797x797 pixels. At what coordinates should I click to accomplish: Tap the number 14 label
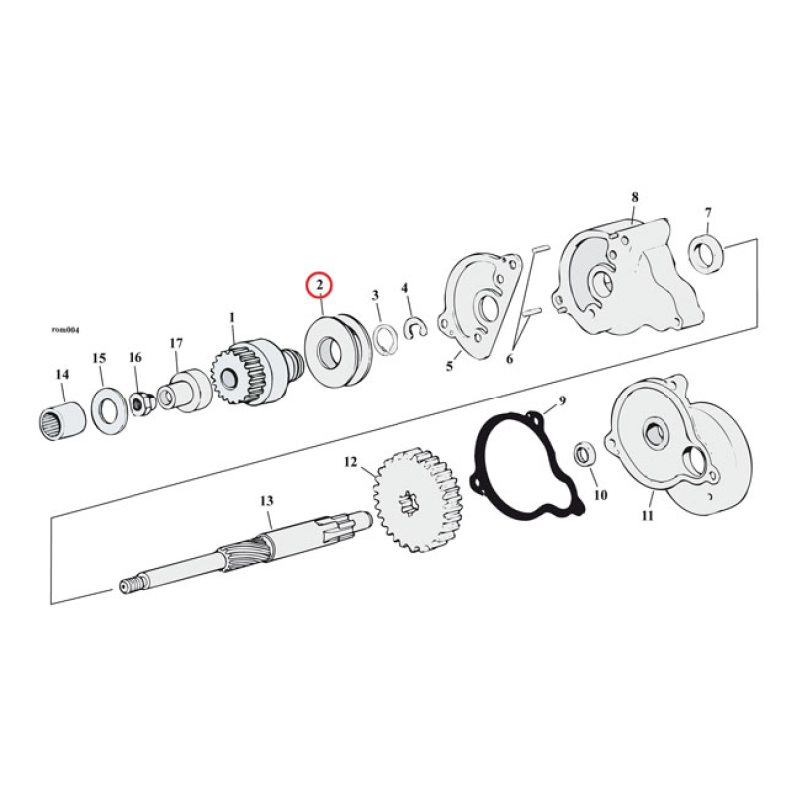[x=62, y=374]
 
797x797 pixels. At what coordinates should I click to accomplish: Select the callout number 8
[x=634, y=197]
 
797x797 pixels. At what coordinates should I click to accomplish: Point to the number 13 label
[x=266, y=501]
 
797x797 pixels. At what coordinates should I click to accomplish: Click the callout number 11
[x=648, y=515]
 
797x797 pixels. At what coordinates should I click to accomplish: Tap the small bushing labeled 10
[x=586, y=454]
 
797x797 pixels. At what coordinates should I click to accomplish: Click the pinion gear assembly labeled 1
[x=241, y=374]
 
